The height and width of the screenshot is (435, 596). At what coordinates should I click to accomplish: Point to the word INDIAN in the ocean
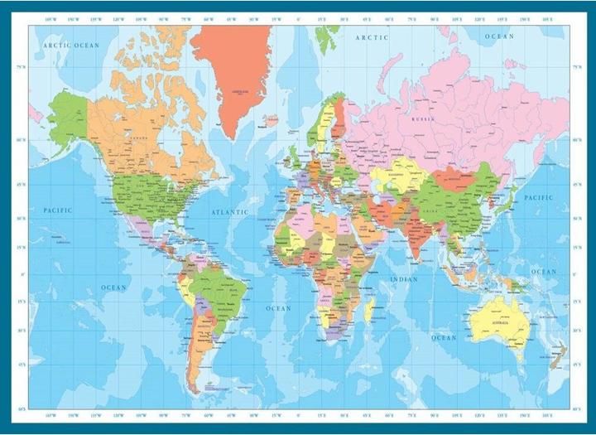pos(405,279)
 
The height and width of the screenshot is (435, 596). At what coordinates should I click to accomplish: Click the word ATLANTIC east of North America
pos(229,212)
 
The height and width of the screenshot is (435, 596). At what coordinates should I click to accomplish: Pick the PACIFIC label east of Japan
pos(539,198)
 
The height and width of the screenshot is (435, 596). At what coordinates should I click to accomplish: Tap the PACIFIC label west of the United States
pos(57,210)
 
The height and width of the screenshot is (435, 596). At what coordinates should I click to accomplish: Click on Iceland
pos(269,120)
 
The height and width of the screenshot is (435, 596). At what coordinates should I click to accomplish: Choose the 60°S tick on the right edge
pos(577,407)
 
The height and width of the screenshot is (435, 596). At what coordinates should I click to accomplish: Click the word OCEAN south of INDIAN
pos(444,337)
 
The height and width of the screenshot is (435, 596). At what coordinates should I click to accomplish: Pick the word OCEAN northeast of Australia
pos(544,272)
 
